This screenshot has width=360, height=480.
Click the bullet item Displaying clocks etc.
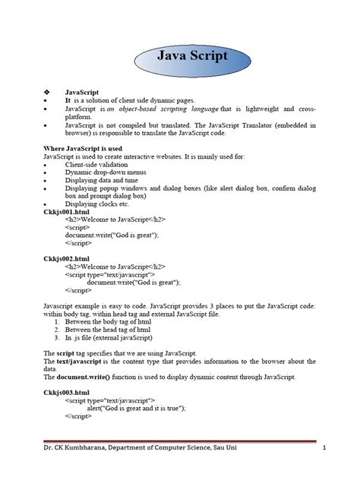(x=97, y=204)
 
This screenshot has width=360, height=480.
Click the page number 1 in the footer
(x=324, y=448)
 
